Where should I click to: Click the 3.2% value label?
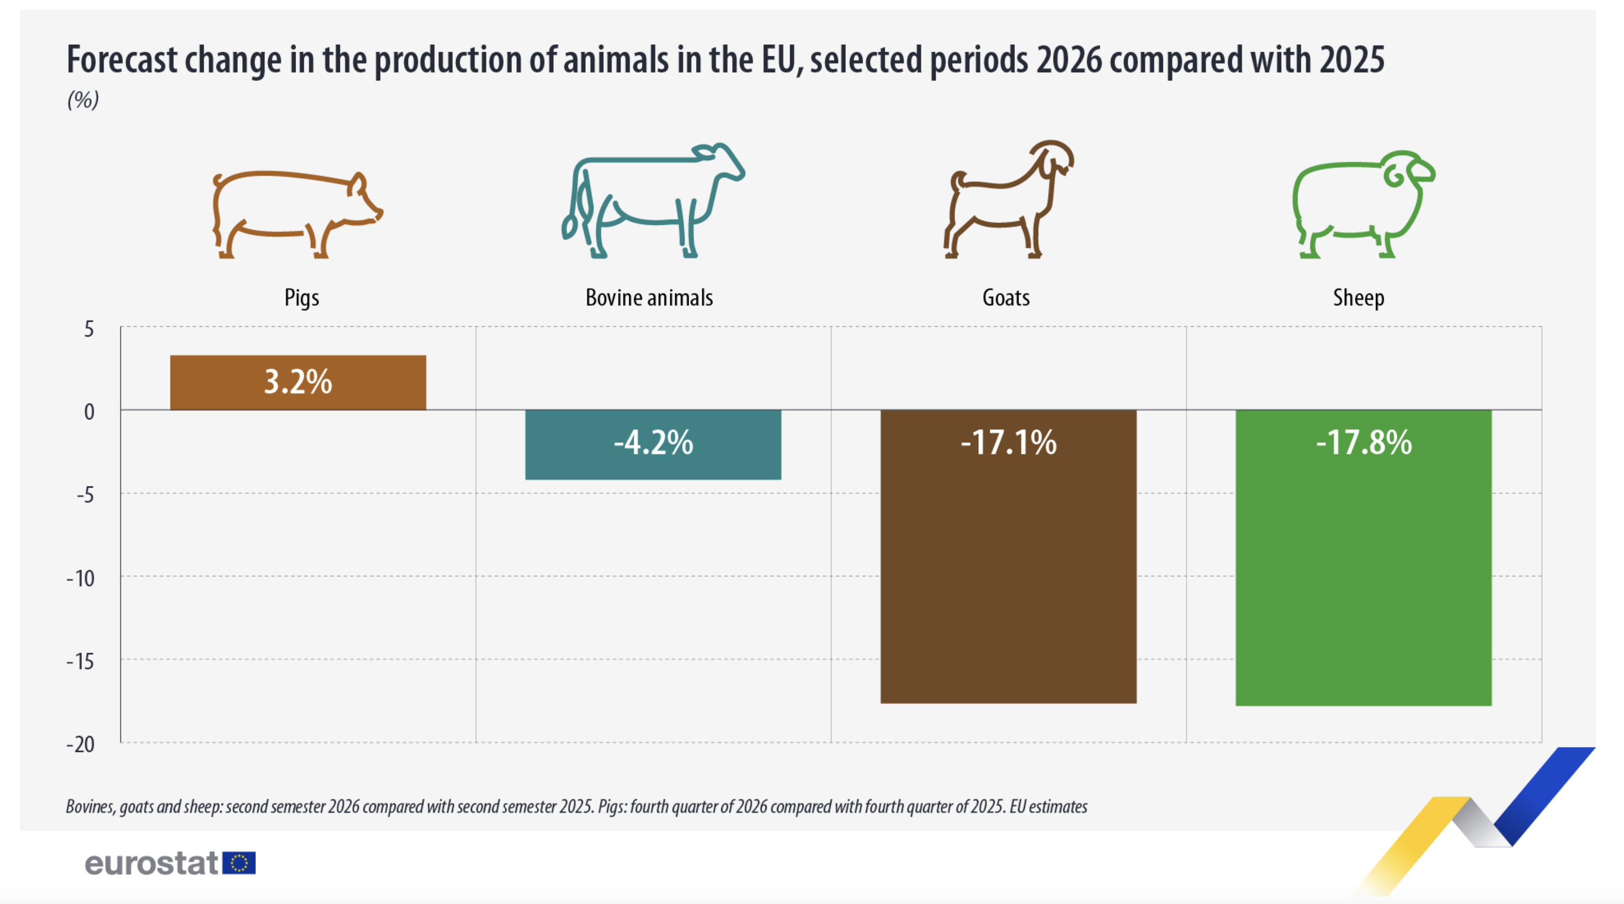click(x=297, y=382)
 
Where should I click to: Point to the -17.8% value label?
click(x=1364, y=442)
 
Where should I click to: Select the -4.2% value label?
click(x=653, y=442)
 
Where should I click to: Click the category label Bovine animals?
click(x=649, y=298)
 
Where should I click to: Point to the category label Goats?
click(x=1006, y=298)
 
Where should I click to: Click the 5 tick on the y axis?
click(x=89, y=329)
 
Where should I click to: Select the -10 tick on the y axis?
click(x=81, y=578)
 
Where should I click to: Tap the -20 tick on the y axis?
click(x=81, y=744)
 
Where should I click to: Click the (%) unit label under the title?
click(x=83, y=100)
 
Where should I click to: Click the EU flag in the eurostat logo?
click(x=239, y=863)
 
